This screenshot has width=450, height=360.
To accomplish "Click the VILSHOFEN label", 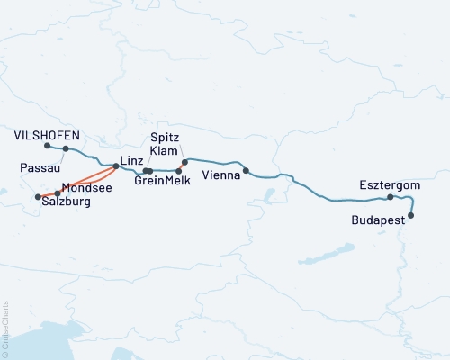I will (48, 136).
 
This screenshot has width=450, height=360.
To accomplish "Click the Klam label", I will (164, 152).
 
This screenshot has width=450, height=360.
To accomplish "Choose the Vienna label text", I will (220, 175).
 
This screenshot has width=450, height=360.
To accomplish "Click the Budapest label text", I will (377, 219).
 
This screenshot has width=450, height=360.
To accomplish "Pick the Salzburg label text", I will (68, 203).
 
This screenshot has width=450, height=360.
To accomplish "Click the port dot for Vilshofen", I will (47, 145).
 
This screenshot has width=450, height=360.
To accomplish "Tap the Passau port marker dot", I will (66, 149).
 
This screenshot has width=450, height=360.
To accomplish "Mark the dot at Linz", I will (116, 166).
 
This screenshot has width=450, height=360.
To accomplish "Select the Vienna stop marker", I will (246, 170).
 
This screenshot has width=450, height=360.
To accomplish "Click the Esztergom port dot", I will (390, 197).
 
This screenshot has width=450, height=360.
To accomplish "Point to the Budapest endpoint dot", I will (411, 215).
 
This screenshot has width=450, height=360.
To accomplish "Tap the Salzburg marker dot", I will (38, 197).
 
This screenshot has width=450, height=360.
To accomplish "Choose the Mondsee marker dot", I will (58, 193).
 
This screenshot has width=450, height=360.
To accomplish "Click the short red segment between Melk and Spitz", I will (182, 166).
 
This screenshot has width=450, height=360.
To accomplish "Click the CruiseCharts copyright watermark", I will (4, 329).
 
